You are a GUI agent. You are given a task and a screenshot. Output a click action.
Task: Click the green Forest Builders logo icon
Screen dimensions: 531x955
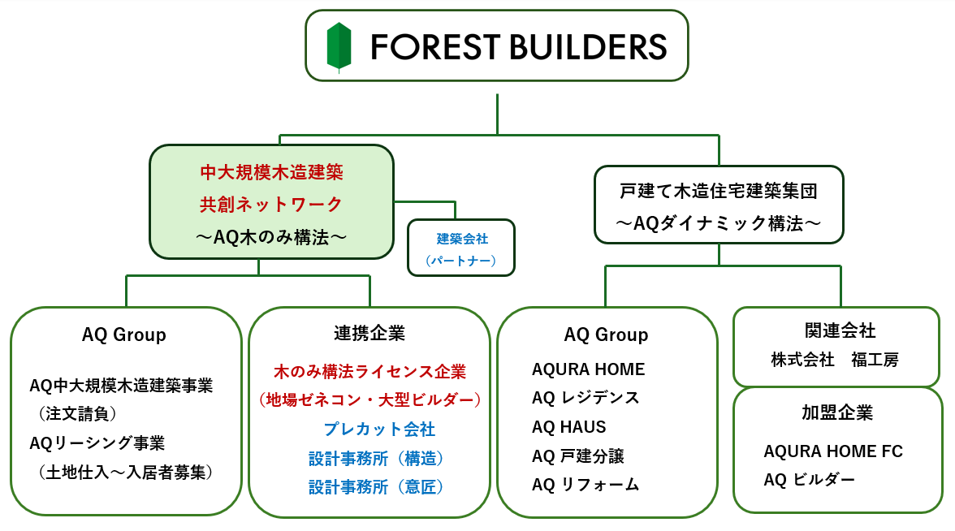click(339, 46)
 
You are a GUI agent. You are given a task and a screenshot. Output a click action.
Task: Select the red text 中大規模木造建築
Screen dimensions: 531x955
click(271, 172)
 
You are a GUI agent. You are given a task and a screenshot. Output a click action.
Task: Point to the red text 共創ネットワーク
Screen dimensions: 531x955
click(271, 204)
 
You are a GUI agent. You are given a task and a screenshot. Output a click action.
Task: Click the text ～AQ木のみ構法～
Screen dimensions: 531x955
click(271, 237)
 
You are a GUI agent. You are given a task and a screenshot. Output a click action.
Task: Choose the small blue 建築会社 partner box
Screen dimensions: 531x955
click(461, 248)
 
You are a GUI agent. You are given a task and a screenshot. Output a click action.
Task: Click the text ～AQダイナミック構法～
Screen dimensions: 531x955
click(717, 222)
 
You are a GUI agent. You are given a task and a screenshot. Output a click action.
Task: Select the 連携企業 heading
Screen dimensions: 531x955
click(369, 333)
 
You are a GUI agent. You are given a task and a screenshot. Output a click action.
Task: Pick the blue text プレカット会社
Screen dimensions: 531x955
click(369, 429)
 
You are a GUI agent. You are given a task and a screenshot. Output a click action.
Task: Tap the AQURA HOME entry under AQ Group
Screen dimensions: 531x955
click(588, 369)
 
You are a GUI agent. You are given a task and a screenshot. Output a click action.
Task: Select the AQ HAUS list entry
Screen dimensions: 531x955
click(568, 427)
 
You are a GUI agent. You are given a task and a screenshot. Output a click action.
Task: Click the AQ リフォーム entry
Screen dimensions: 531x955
click(585, 485)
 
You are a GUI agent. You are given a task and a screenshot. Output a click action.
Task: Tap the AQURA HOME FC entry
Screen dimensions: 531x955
click(832, 451)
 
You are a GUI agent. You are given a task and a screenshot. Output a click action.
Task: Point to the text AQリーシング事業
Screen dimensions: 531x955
click(97, 443)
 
